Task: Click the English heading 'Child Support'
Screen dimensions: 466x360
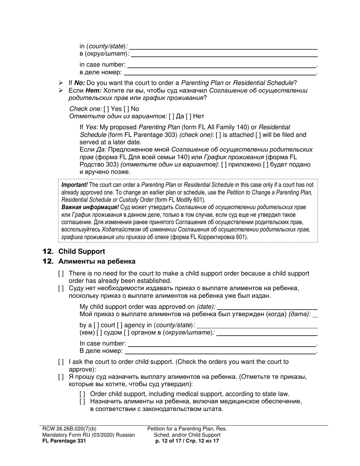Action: tap(81, 252)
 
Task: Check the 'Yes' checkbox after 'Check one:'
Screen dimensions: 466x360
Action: tap(106, 109)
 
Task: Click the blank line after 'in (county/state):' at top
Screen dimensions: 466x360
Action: tap(223, 47)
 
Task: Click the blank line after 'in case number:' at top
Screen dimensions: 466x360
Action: tap(222, 65)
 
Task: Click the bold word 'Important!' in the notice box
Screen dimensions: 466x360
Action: tap(75, 185)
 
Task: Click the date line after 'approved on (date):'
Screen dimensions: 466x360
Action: tap(268, 307)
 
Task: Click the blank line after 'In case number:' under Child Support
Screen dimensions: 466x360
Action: tap(222, 344)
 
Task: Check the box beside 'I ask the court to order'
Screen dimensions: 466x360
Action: tap(61, 362)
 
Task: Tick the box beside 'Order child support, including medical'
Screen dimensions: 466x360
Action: tap(83, 394)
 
